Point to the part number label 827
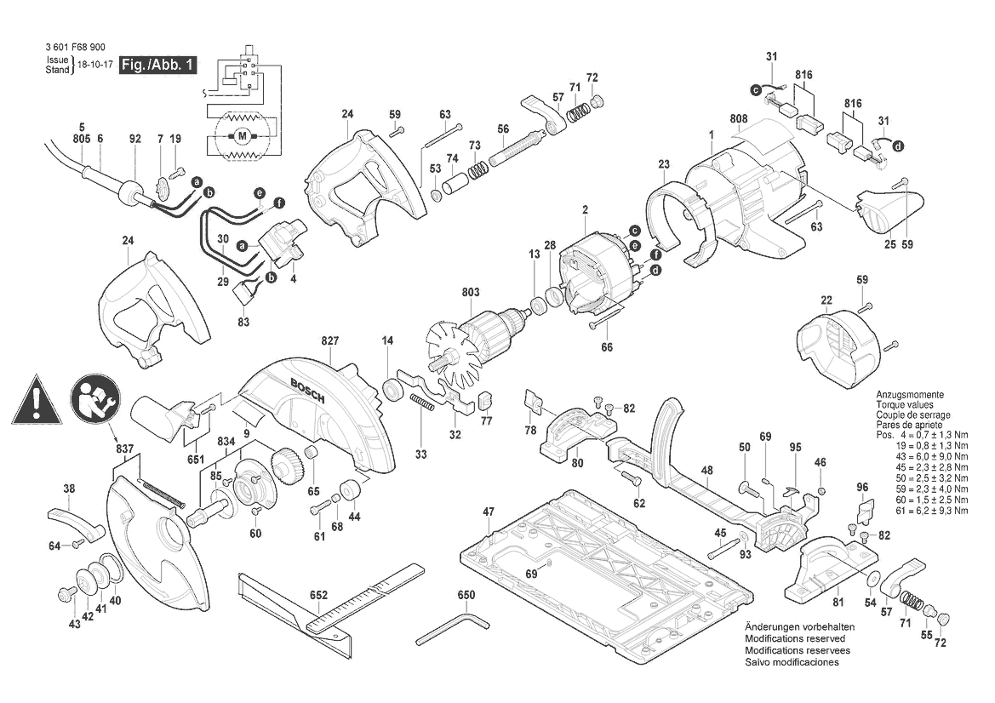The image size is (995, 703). [x=330, y=340]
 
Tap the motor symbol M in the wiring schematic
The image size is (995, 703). [x=242, y=135]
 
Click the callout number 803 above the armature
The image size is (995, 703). [x=471, y=293]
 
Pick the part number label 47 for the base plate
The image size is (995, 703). [x=489, y=512]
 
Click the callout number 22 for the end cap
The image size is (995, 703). [x=826, y=300]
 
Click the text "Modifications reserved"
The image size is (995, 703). [x=795, y=638]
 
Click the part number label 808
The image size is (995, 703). [x=737, y=119]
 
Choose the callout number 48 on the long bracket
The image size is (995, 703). [x=706, y=470]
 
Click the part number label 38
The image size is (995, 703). [x=69, y=489]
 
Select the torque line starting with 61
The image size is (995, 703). [x=928, y=511]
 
